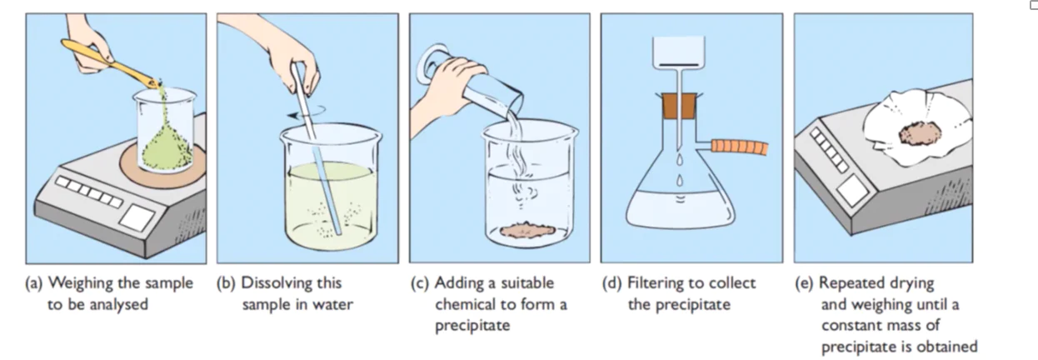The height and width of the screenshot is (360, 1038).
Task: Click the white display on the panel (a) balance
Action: pyautogui.click(x=137, y=217)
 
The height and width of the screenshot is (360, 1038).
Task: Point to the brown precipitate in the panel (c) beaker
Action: pyautogui.click(x=528, y=230)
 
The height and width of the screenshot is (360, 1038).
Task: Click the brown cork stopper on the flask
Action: pyautogui.click(x=679, y=106)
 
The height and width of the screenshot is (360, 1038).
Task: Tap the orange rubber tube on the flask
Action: pyautogui.click(x=739, y=147)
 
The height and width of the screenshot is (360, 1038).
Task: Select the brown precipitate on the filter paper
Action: pyautogui.click(x=921, y=133)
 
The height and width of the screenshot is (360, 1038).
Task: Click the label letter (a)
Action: pyautogui.click(x=34, y=283)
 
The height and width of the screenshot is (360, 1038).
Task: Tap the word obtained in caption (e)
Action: pyautogui.click(x=945, y=347)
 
